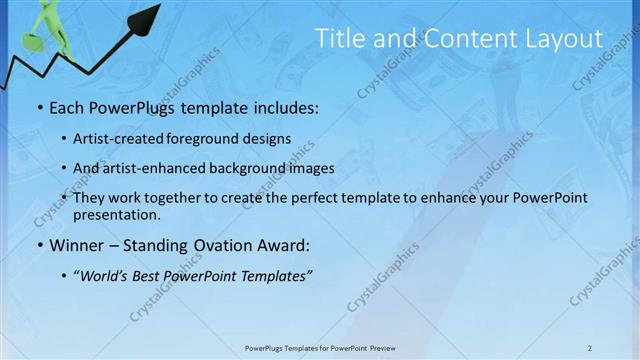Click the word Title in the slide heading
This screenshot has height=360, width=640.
[340, 39]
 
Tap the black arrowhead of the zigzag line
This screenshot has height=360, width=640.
[147, 16]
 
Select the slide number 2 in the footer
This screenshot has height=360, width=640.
[590, 348]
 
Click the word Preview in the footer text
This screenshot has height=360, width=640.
[376, 348]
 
